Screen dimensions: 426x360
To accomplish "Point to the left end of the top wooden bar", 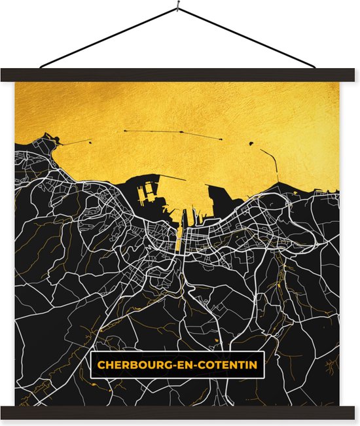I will click(6, 75).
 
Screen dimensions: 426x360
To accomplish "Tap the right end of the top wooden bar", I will click(354, 75).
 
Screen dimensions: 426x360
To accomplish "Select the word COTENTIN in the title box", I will click(226, 364).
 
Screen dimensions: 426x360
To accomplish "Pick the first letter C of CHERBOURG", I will click(101, 364).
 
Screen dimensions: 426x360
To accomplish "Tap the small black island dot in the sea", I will click(251, 143).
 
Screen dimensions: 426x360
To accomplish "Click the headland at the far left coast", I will click(48, 139).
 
